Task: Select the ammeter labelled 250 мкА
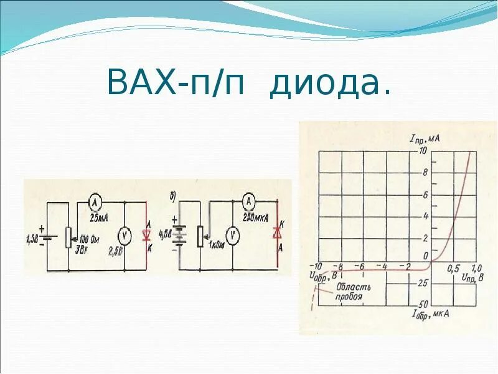248,201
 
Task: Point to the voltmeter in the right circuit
232,235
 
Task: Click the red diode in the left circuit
147,236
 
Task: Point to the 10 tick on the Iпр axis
423,150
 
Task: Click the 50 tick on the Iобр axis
423,304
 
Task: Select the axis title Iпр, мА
425,138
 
